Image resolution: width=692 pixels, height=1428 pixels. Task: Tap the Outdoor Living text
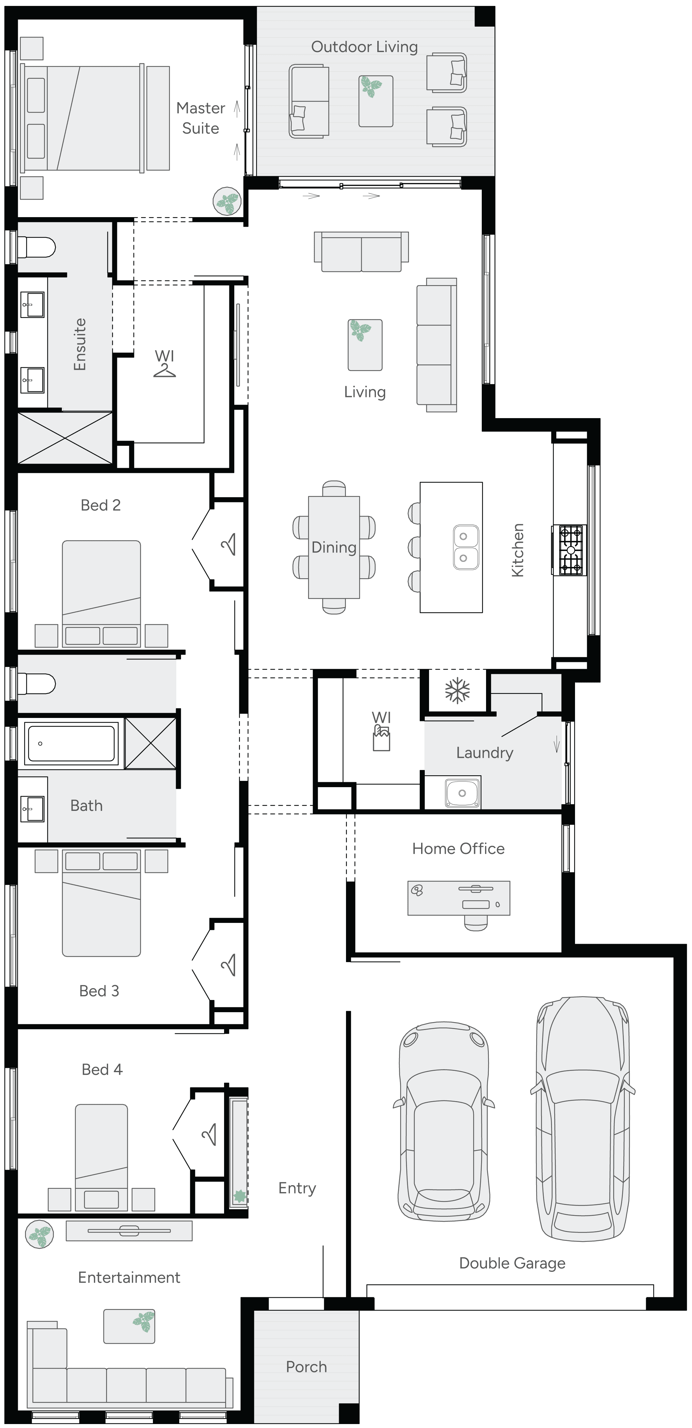(x=364, y=47)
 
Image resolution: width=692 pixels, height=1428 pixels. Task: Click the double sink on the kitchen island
(x=466, y=547)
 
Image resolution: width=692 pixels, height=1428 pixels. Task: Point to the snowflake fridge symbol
(x=457, y=691)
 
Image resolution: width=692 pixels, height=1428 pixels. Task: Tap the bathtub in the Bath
(x=71, y=743)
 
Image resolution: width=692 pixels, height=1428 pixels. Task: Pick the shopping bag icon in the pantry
(x=382, y=738)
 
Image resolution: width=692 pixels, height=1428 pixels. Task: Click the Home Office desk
(x=459, y=898)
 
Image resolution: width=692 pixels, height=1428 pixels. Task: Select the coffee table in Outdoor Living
(x=375, y=101)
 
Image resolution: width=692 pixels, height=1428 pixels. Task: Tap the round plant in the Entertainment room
(x=39, y=1235)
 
